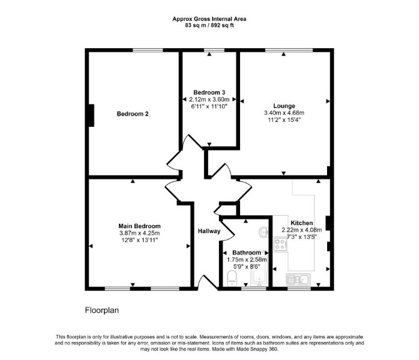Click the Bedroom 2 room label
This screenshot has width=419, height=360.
point(133,114)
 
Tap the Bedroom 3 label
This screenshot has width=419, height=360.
point(209,92)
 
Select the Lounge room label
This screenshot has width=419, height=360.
point(284,106)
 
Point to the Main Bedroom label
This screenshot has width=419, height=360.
point(139,226)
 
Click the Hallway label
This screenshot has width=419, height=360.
point(209,231)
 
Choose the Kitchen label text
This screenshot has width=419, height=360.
point(301,223)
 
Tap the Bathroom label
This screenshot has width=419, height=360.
point(246,252)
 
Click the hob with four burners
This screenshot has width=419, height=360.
point(280,244)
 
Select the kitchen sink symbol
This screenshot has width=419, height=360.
point(298,279)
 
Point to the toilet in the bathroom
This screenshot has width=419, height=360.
point(231,278)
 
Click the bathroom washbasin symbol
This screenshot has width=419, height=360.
point(264,232)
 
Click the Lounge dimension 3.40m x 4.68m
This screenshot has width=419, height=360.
point(284,113)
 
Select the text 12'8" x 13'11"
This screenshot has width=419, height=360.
point(139,240)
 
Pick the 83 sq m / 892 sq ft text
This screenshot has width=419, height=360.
point(209,26)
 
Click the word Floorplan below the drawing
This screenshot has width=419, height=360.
point(102,311)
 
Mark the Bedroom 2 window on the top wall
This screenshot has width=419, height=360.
point(148,50)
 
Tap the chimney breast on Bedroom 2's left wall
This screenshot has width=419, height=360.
point(91,116)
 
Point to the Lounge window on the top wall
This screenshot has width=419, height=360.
point(289,50)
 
